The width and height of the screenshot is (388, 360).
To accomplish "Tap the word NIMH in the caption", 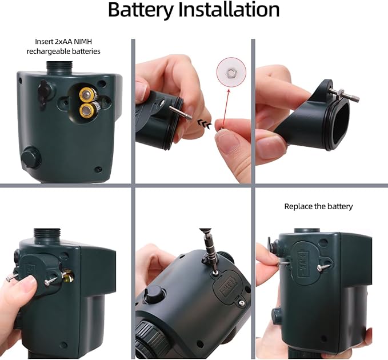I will tap(88, 41).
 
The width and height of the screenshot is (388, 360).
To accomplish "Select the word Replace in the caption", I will tap(298, 206).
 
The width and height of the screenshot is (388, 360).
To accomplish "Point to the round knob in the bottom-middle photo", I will tap(152, 295).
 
